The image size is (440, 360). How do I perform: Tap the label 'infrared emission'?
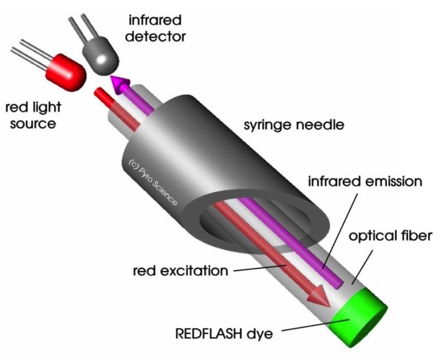[366, 181]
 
